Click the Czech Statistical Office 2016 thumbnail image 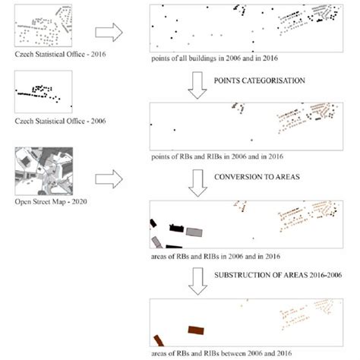coord(43,28)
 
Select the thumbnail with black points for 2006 coord(43,93)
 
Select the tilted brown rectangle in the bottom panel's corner coord(159,340)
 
